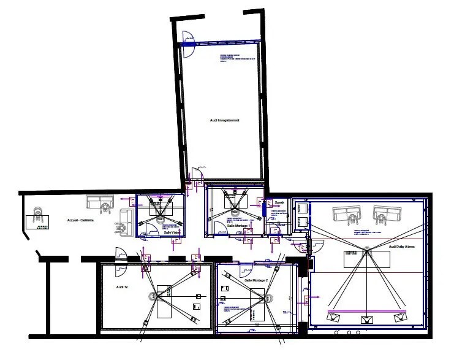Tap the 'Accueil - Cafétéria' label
click(80, 220)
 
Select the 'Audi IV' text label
click(122, 286)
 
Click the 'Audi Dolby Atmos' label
click(402, 246)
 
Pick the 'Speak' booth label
click(280, 202)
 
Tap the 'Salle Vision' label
click(171, 232)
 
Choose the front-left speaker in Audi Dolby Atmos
click(334, 317)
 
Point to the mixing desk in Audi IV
click(165, 301)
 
